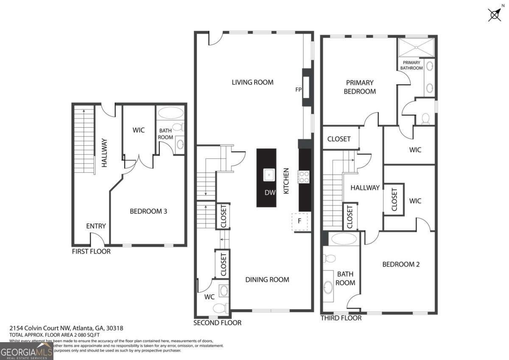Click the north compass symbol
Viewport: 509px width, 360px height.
(x=495, y=14)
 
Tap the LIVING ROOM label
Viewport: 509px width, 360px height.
(x=252, y=82)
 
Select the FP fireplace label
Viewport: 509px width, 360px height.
(x=298, y=90)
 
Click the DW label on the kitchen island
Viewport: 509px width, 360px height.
(x=270, y=193)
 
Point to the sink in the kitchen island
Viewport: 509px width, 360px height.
(x=268, y=174)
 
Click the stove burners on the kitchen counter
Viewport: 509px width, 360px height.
(x=304, y=177)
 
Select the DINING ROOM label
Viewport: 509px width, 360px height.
(x=267, y=279)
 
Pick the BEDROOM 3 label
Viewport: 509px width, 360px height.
(x=148, y=211)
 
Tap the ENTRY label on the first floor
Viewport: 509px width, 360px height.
(x=96, y=226)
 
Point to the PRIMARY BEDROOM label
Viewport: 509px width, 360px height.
(x=359, y=87)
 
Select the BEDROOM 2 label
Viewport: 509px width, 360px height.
(x=401, y=264)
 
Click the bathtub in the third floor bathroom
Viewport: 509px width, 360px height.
(x=344, y=239)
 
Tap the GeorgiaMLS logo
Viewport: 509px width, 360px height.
(x=26, y=351)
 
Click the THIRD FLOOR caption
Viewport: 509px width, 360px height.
(x=341, y=318)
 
